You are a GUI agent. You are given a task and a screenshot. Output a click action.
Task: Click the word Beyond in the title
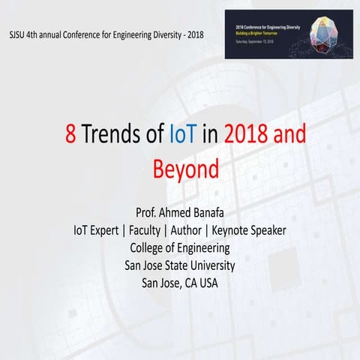pyautogui.click(x=180, y=167)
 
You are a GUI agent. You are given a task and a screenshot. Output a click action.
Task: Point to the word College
pyautogui.click(x=151, y=247)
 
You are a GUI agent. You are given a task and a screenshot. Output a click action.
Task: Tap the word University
pyautogui.click(x=208, y=265)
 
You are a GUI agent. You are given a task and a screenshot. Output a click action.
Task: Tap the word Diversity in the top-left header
pyautogui.click(x=169, y=34)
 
